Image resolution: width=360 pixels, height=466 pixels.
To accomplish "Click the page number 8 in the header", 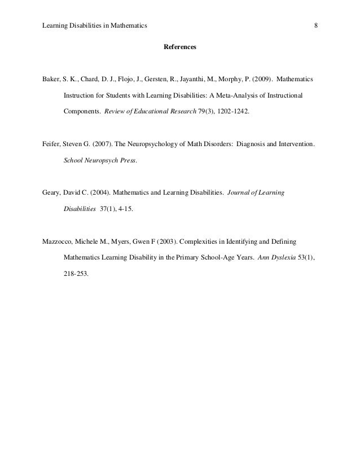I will (316, 25).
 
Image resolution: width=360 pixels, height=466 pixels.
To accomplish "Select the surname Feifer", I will (52, 144).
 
